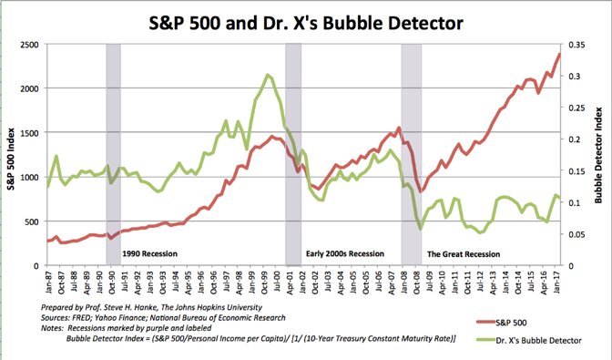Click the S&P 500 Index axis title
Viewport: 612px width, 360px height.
(11, 155)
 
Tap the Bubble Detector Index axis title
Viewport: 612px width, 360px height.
(600, 155)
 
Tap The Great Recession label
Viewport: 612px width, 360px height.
(464, 253)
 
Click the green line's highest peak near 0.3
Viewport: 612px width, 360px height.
(267, 75)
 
